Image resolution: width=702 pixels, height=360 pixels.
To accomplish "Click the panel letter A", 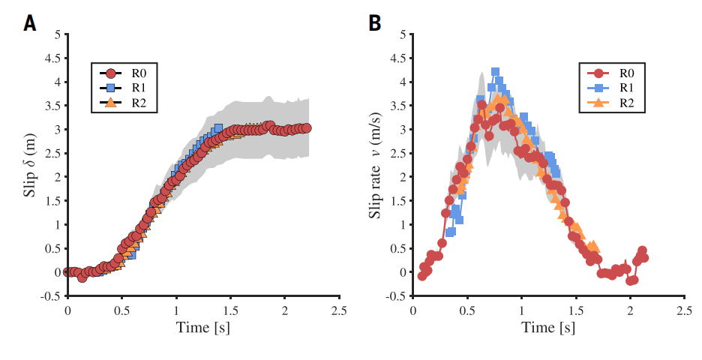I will coord(30,23).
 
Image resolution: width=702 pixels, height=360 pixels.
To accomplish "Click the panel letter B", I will coord(375,23).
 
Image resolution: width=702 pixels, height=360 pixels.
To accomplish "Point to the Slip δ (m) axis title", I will coord(31,166).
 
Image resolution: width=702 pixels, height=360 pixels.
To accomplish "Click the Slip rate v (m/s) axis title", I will coord(375,166).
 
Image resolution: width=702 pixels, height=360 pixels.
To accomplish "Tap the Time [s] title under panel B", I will coord(548,328).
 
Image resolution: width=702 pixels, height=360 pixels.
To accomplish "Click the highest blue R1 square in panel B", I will coord(496,73).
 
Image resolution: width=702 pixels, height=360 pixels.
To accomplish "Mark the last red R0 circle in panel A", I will coord(306,128).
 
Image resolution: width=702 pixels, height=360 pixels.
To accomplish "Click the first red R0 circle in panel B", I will coord(422,276).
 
